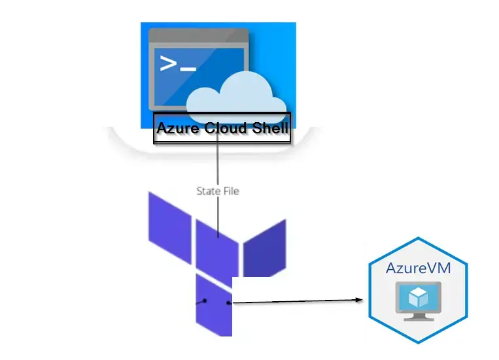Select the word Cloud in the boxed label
(x=223, y=129)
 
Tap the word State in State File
(x=208, y=191)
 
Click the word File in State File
(x=231, y=191)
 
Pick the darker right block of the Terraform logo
(x=265, y=248)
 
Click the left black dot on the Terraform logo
(x=205, y=301)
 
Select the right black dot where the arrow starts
(x=229, y=303)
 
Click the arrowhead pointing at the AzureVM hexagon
(x=359, y=301)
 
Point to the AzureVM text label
(x=417, y=268)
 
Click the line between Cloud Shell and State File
(x=218, y=163)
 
